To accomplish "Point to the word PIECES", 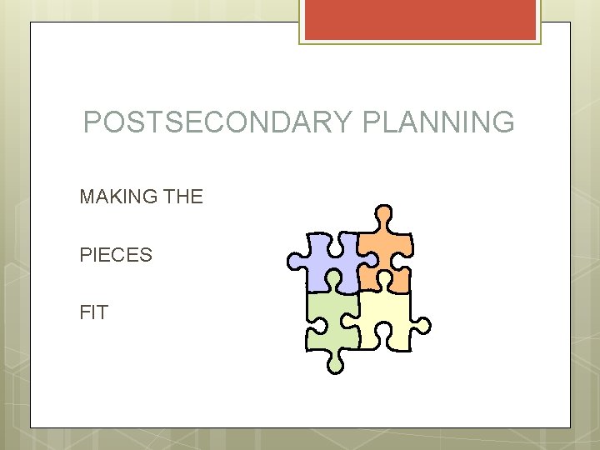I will (x=116, y=255).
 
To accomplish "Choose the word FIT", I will (x=93, y=313).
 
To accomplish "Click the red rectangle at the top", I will (x=420, y=19).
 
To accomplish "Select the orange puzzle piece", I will (x=385, y=250).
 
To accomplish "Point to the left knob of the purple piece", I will (x=295, y=262).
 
